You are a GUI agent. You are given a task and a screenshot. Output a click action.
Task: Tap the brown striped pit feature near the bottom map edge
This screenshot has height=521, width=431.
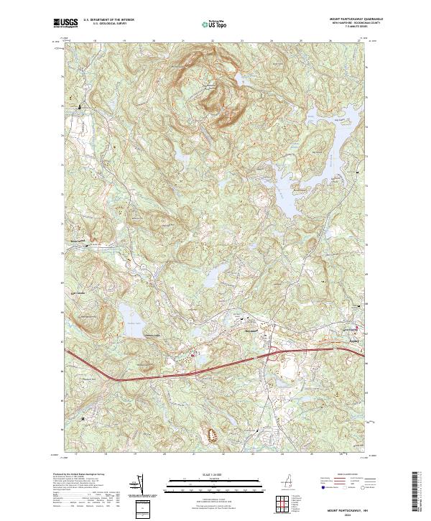213,435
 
